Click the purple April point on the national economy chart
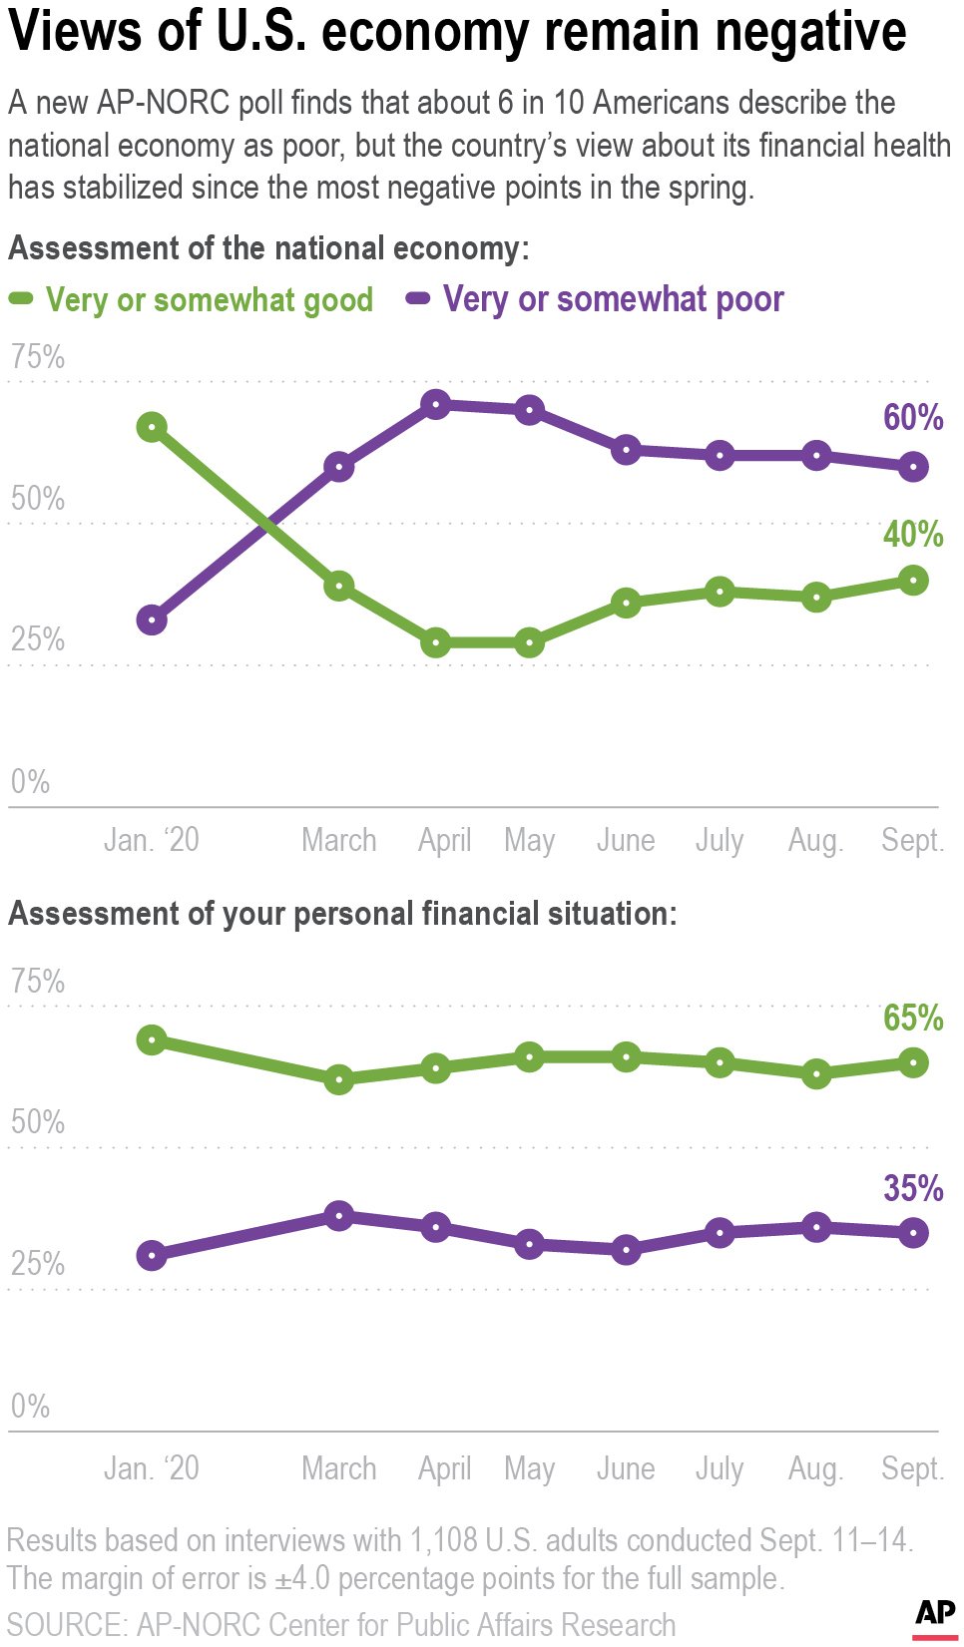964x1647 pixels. [x=435, y=404]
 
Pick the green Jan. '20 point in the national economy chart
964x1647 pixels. [x=152, y=427]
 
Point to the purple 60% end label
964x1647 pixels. [x=912, y=417]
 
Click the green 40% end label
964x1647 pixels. [x=912, y=534]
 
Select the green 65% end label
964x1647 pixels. [x=912, y=1018]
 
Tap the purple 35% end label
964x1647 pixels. [x=912, y=1188]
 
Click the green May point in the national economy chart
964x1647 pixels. [x=529, y=642]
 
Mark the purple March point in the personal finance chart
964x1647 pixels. [x=339, y=1215]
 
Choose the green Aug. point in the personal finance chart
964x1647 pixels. [x=816, y=1073]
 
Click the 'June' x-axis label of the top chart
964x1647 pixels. [x=626, y=840]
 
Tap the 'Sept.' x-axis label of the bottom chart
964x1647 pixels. [x=912, y=1468]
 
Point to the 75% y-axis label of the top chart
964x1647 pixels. [x=38, y=357]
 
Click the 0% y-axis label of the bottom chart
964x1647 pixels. [x=30, y=1406]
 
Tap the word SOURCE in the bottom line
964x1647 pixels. [x=67, y=1624]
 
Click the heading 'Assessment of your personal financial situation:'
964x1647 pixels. [x=342, y=913]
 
